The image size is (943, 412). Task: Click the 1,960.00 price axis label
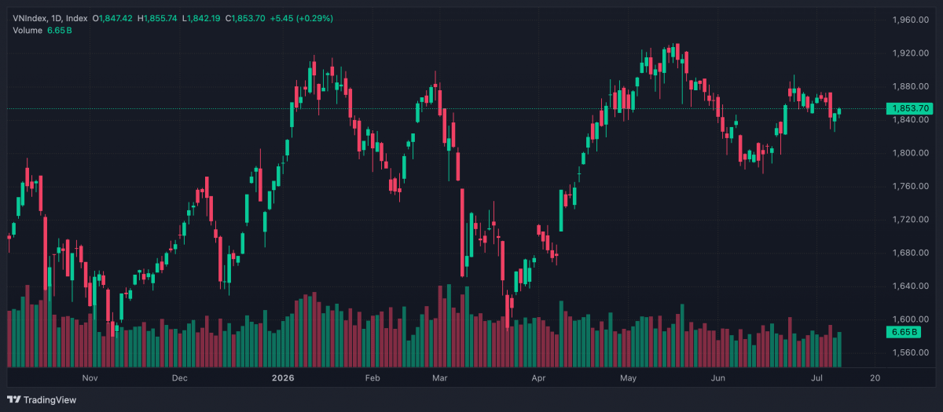tap(911, 20)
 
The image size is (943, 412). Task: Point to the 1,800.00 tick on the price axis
tap(911, 153)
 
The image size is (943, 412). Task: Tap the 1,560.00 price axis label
tap(911, 352)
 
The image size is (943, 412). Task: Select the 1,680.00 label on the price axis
tap(911, 253)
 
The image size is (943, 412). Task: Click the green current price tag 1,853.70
tap(909, 108)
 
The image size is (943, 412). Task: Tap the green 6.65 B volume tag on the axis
tap(904, 332)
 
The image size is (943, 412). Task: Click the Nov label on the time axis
tap(90, 378)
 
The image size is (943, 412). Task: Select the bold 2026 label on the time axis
tap(283, 378)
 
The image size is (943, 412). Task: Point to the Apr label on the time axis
tap(538, 378)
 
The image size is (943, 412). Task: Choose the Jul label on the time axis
tap(816, 378)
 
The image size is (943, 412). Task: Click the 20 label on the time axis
tap(875, 378)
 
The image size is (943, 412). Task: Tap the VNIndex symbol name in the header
tap(30, 19)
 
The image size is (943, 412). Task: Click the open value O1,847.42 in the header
tap(112, 19)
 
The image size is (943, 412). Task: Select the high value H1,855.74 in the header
tap(157, 19)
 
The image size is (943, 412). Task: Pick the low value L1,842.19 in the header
tap(201, 19)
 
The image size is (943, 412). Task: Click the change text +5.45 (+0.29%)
tap(302, 19)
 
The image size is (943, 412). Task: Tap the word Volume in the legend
tap(28, 31)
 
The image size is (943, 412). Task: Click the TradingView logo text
tap(50, 399)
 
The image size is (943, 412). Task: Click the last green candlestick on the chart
tap(839, 111)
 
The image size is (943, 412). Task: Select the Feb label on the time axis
tap(372, 378)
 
